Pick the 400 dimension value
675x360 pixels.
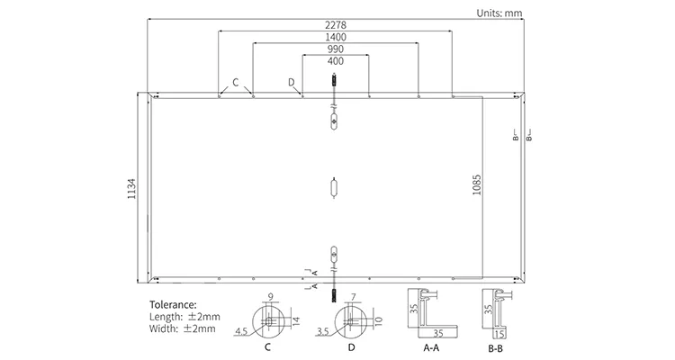point(335,61)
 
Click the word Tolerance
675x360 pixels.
point(171,305)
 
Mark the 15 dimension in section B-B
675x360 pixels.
point(499,330)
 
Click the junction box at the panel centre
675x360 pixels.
point(335,188)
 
